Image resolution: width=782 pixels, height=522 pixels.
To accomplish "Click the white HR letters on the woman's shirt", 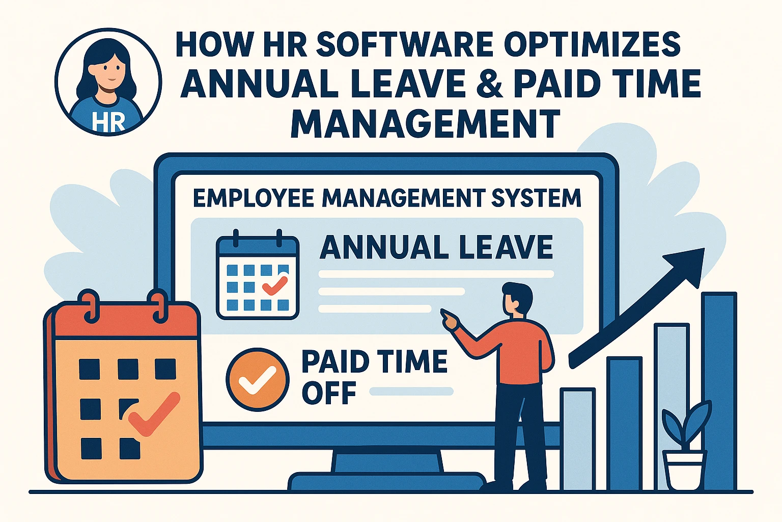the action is click(x=108, y=122).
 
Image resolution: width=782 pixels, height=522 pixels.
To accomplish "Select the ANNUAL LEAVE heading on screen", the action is click(x=436, y=247).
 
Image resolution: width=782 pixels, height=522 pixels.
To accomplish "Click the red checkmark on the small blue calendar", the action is click(x=275, y=285).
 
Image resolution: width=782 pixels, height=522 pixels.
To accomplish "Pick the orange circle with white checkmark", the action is click(x=258, y=379).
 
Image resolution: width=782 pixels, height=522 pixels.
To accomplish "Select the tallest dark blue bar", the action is click(x=720, y=391).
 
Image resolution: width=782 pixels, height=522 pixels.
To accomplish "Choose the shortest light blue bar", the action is click(x=578, y=439).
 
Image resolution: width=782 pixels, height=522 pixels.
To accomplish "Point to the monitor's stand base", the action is click(x=386, y=481).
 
